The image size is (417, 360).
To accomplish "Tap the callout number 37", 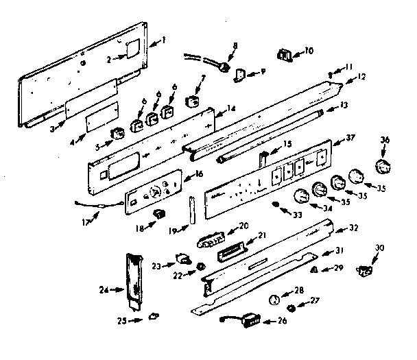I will pos(350,138).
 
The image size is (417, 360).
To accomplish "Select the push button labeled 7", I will pos(193,102).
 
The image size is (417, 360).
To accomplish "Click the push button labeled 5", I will pos(118,132).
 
